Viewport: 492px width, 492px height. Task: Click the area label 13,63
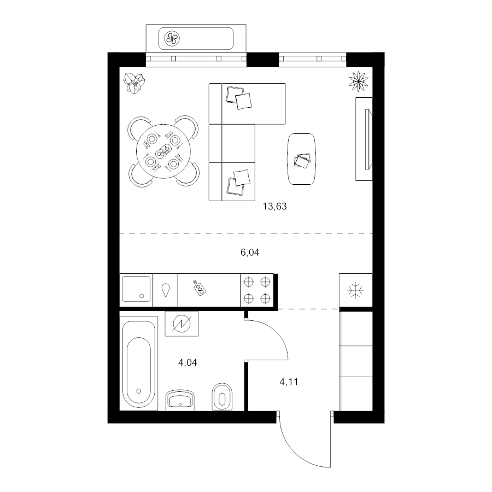pos(275,207)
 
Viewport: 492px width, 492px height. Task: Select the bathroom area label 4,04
pos(188,361)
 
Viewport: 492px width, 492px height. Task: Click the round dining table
pos(162,151)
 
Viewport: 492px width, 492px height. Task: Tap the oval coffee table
pos(302,159)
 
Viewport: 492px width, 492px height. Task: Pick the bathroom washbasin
pos(180,400)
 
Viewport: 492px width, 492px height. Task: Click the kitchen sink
pos(136,289)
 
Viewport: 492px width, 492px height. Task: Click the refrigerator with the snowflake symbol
pos(355,290)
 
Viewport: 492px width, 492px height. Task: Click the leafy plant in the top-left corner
pos(134,83)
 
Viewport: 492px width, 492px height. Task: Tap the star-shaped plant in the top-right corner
pos(359,81)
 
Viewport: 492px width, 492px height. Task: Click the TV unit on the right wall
pos(364,139)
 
